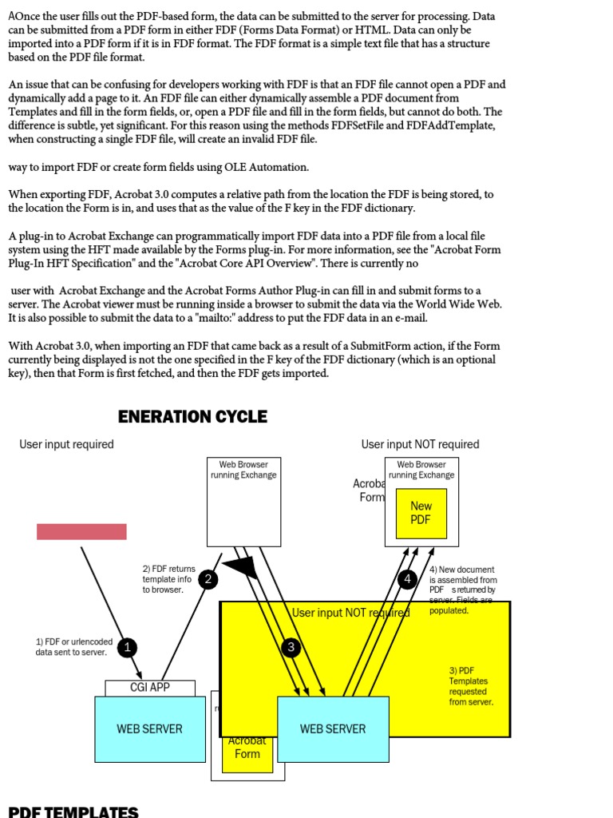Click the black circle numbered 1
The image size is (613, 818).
click(x=126, y=647)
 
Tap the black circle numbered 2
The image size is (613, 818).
click(x=208, y=580)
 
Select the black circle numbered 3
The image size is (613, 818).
click(x=291, y=647)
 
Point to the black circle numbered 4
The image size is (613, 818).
click(x=408, y=578)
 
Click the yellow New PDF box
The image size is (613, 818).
click(x=421, y=513)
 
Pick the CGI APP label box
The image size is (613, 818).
click(x=150, y=687)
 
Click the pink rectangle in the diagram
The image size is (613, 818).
click(x=81, y=531)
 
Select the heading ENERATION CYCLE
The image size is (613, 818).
click(x=192, y=416)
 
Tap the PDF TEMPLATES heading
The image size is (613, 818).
click(x=73, y=812)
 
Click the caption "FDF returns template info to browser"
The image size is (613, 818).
click(x=168, y=579)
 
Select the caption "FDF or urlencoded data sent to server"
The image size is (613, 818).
click(x=74, y=647)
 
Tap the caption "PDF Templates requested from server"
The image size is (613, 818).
click(x=471, y=686)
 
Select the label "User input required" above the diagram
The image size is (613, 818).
click(x=67, y=444)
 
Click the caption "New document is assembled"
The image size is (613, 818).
click(x=463, y=580)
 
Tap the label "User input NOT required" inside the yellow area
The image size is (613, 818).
click(x=350, y=613)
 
